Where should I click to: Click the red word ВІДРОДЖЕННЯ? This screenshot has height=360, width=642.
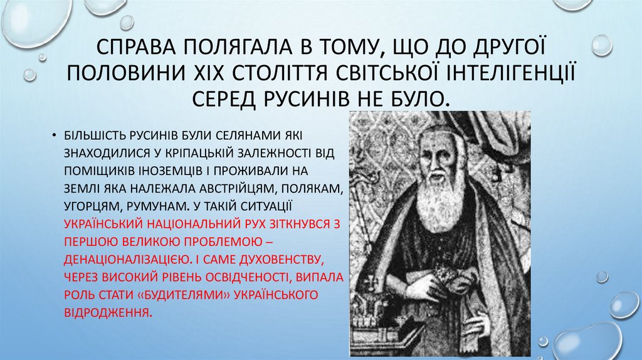coord(106,312)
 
